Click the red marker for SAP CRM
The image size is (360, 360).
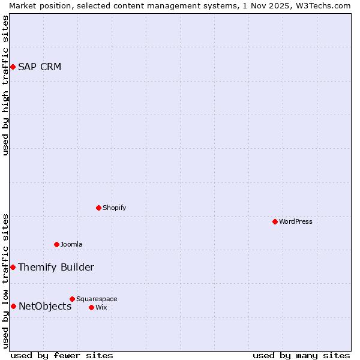click(x=13, y=67)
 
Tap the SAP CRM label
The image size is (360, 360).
click(x=40, y=67)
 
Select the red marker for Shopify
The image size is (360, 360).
click(x=99, y=208)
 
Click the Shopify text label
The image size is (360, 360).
click(x=114, y=208)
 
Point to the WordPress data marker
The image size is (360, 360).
click(x=275, y=221)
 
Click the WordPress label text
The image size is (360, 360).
click(x=296, y=221)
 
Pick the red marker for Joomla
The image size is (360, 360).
click(x=57, y=244)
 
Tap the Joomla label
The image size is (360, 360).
click(x=71, y=244)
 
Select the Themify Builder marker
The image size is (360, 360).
click(x=13, y=267)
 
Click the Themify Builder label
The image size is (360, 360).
click(x=56, y=267)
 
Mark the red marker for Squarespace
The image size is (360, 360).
click(x=73, y=299)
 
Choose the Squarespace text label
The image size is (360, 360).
click(x=97, y=299)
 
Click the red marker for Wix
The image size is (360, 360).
click(x=92, y=307)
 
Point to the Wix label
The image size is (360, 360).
click(x=101, y=307)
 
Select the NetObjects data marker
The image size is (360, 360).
click(x=13, y=306)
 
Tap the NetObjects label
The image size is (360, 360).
click(x=45, y=306)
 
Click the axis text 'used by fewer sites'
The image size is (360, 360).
click(x=62, y=355)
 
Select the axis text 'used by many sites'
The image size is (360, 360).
click(x=301, y=355)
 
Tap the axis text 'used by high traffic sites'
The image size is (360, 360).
click(x=5, y=85)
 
